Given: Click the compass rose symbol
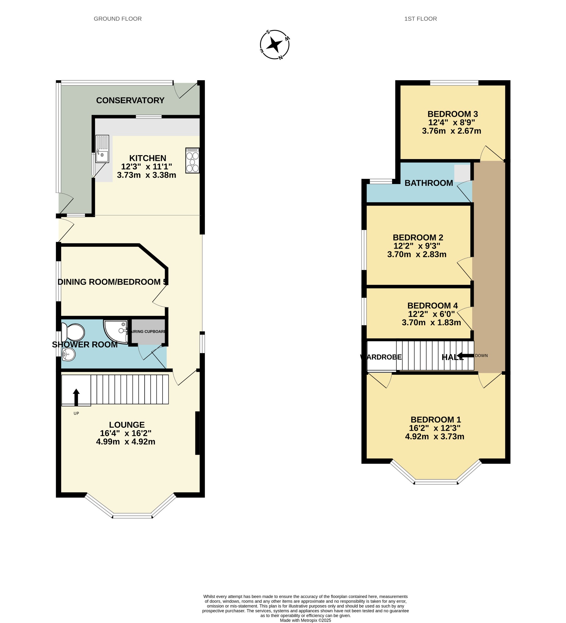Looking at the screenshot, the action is [274, 45].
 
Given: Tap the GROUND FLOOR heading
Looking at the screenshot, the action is [118, 19].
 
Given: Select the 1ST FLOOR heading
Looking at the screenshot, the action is [420, 19].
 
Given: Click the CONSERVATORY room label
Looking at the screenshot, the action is [130, 100].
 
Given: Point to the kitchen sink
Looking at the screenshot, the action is [102, 149].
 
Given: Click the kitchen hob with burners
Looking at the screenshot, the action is [192, 160].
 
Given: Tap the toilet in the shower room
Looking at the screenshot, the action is [73, 332].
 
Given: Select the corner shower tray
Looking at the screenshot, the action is [116, 332].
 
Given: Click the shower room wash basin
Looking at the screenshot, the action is [69, 354].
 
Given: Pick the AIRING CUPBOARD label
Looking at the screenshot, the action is [148, 332].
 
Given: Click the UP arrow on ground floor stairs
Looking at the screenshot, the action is [76, 397].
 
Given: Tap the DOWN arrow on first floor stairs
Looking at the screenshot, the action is [466, 356].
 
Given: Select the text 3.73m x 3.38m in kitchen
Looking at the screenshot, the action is [147, 175].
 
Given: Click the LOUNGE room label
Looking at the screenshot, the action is [127, 425].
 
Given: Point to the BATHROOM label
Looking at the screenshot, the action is [429, 183].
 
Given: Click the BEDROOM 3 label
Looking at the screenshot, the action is [452, 114].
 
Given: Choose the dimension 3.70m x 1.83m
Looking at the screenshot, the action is [431, 323].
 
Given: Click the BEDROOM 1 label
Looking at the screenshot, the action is [435, 420].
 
